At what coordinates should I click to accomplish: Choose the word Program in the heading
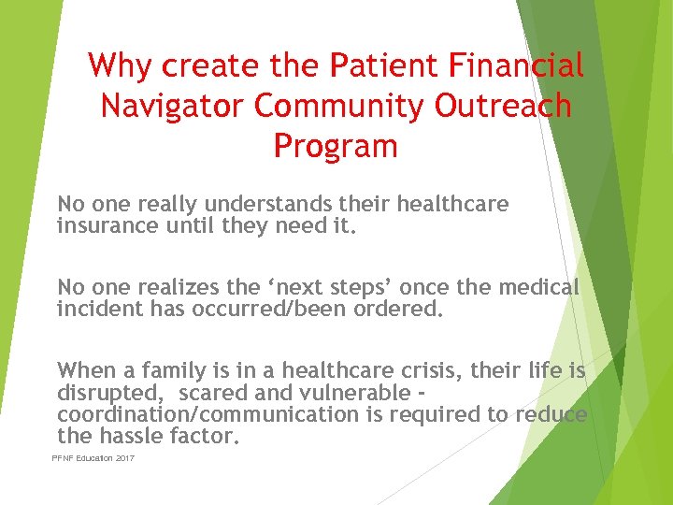point(336,146)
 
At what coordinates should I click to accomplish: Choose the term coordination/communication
point(208,413)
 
